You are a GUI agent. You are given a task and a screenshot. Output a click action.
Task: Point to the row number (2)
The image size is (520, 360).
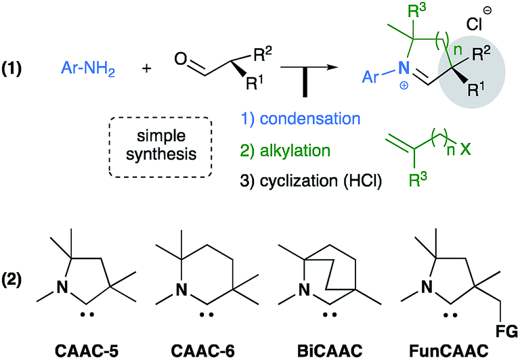pyautogui.click(x=19, y=279)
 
